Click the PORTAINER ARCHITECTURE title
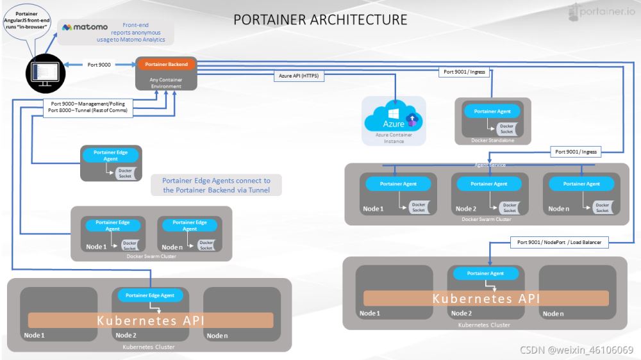tap(320, 19)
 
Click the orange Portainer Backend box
tap(165, 65)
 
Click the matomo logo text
tap(85, 28)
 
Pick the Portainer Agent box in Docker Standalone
tap(493, 111)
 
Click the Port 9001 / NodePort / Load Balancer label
tap(559, 242)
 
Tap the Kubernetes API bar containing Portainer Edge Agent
tap(151, 320)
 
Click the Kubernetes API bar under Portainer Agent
tap(486, 299)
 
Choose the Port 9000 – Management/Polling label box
tap(88, 106)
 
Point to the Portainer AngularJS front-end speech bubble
tap(29, 26)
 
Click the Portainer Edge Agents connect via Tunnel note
tap(216, 185)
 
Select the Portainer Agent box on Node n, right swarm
tap(583, 184)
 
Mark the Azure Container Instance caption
tap(394, 138)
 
